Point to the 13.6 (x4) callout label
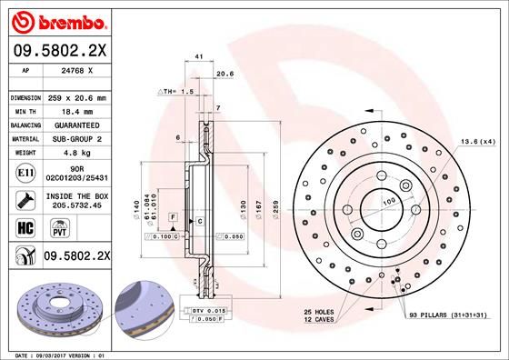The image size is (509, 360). tap(477, 141)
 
